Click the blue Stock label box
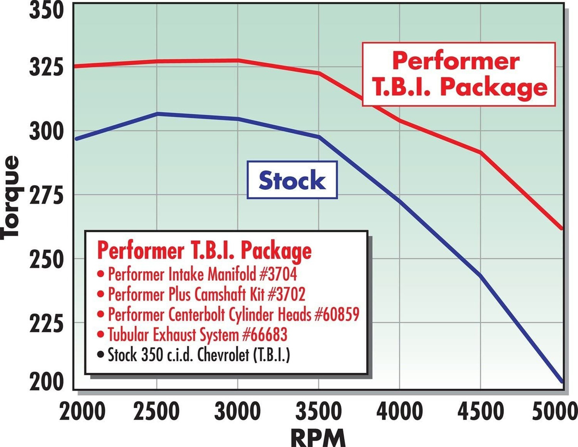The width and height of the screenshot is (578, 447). tap(292, 180)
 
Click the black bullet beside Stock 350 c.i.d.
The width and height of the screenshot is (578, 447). tap(100, 356)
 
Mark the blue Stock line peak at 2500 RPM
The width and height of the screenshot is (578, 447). tap(157, 114)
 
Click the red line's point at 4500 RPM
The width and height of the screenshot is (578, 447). tap(480, 152)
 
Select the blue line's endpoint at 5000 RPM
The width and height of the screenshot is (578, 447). tap(561, 381)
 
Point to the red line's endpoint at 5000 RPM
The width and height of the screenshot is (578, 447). tap(561, 228)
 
